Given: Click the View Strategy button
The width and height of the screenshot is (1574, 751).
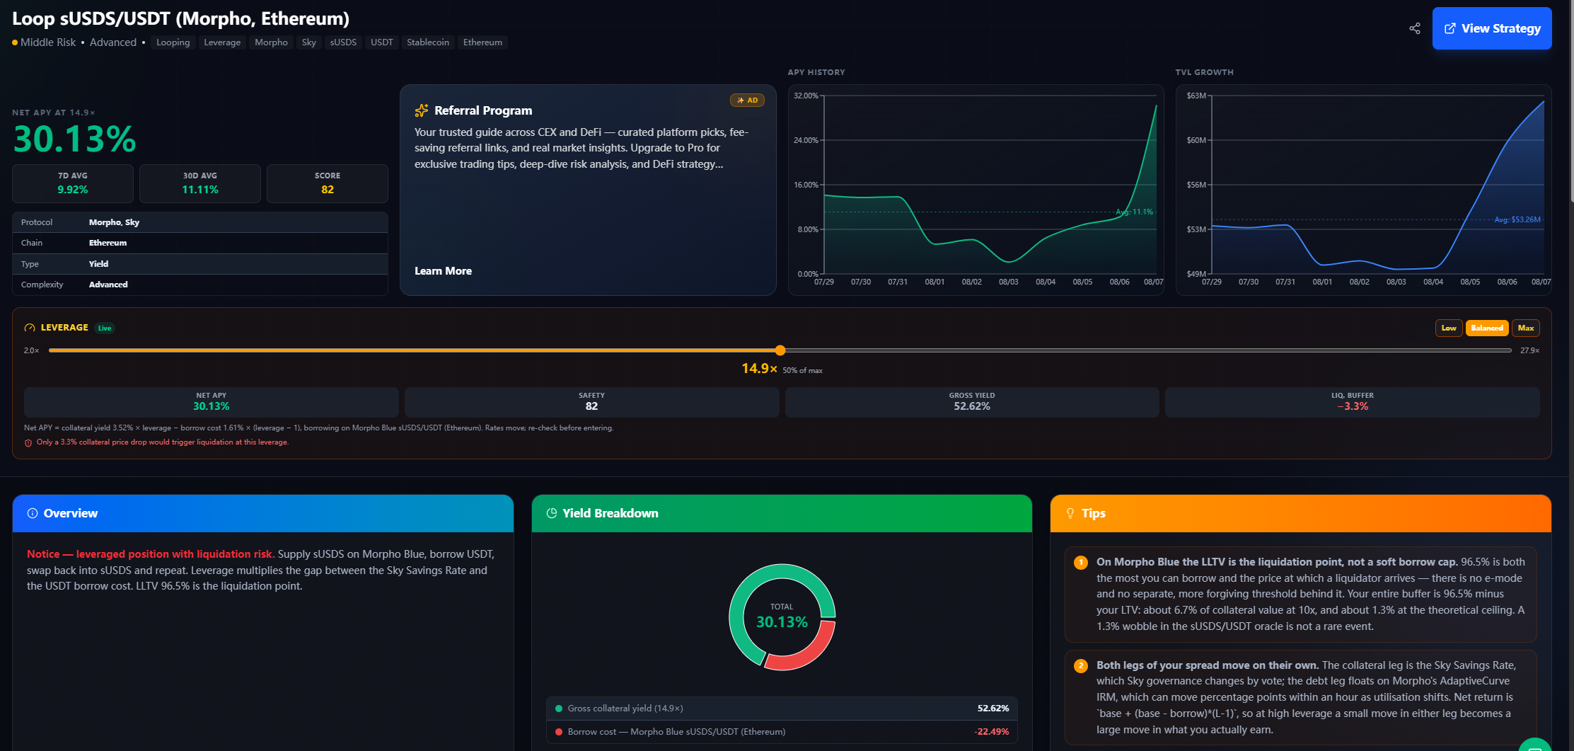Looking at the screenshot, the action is tap(1491, 28).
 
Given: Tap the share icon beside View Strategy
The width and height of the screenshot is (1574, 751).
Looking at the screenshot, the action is tap(1414, 28).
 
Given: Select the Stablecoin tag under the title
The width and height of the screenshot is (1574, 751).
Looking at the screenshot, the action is tap(428, 42).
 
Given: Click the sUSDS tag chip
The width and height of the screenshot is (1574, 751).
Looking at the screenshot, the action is tap(343, 42).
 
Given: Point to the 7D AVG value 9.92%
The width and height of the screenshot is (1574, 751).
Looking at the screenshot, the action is tap(73, 190).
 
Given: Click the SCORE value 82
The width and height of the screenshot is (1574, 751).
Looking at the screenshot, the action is tap(328, 190).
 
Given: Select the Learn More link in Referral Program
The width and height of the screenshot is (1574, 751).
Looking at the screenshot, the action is tap(443, 271).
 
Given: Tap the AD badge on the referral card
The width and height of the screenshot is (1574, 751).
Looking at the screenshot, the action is tap(747, 101).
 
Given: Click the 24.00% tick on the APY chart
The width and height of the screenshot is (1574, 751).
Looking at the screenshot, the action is tap(806, 140).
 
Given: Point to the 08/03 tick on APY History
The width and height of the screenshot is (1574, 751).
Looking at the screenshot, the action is tap(1008, 282).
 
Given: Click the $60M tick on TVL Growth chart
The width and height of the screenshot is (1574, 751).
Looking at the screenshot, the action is tap(1196, 140).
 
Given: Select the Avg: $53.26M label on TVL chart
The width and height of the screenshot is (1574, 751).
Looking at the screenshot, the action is tap(1517, 219).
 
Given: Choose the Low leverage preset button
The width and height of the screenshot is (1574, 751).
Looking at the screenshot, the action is tap(1449, 328).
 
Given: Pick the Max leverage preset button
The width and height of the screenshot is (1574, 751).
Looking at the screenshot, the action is tap(1526, 328).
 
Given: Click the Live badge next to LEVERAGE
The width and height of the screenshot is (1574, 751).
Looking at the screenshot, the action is tap(105, 328).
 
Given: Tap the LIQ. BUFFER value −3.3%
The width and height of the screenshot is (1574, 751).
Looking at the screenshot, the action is tap(1353, 406).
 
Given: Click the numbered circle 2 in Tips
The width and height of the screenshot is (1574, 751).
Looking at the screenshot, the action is tap(1081, 666).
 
